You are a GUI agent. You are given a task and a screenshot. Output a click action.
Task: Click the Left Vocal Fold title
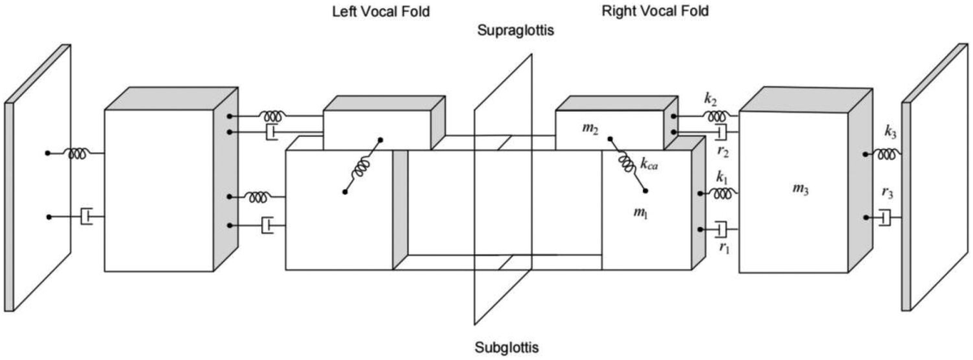click(x=381, y=11)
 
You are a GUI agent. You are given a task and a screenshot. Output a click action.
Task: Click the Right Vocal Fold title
click(x=655, y=11)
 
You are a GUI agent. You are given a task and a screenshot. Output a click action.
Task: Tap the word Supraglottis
click(x=516, y=30)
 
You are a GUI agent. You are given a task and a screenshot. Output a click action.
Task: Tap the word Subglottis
click(x=507, y=347)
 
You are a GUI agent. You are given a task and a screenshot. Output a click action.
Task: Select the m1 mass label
click(x=641, y=212)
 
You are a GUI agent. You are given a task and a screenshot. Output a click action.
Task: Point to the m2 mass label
click(x=590, y=129)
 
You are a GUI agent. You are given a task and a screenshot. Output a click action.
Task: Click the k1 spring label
click(x=722, y=178)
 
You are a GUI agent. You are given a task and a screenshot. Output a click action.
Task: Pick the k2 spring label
click(x=710, y=100)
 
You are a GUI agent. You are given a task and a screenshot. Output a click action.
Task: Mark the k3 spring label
click(x=890, y=132)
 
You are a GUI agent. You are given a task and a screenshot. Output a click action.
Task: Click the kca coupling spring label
click(x=649, y=164)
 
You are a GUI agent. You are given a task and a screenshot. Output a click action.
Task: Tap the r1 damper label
click(x=724, y=248)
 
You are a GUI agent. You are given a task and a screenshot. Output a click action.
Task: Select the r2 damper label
click(x=722, y=152)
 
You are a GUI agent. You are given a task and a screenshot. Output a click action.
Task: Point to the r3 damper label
click(x=887, y=193)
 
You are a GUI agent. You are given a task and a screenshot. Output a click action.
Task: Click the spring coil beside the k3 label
click(x=884, y=154)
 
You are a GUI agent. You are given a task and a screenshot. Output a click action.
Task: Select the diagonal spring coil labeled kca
click(x=628, y=164)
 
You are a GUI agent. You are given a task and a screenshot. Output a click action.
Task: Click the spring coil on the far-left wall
click(x=78, y=153)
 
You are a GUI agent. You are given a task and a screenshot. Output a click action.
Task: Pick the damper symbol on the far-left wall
click(x=87, y=216)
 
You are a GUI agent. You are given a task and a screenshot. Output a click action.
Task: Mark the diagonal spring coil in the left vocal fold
click(x=362, y=166)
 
